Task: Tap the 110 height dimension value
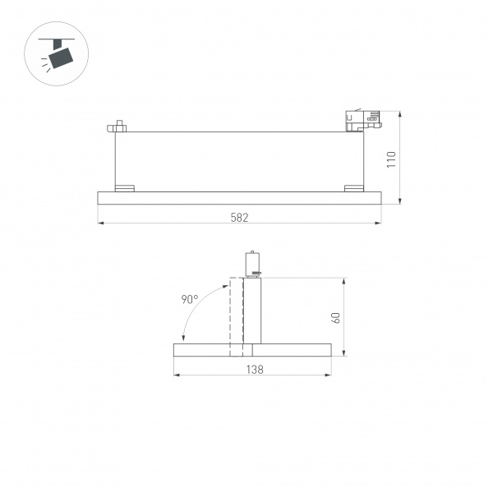coord(392,158)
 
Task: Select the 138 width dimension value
coord(255,370)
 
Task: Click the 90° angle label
coord(189,300)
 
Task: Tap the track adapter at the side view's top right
coord(362,121)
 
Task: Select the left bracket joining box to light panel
coord(124,187)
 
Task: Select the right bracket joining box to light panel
coord(353,187)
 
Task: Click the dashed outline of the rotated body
coord(237,316)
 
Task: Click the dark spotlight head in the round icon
coord(61,57)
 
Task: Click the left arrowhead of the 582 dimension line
coord(100,223)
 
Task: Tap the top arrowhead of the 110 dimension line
coord(399,113)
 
